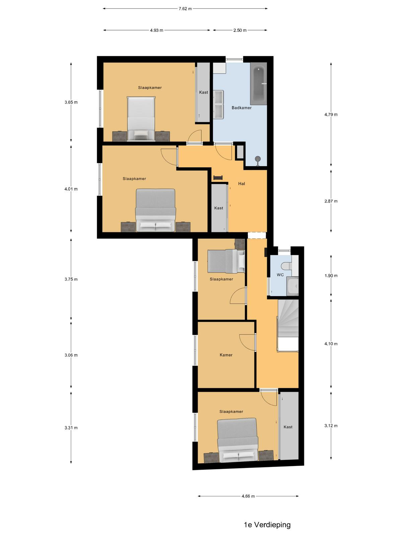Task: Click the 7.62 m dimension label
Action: [x=185, y=9]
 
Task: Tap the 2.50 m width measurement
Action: [x=240, y=30]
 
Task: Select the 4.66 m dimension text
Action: [x=248, y=496]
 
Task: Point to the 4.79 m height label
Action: [x=331, y=115]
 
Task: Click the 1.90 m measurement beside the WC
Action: [x=331, y=276]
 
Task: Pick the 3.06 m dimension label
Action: [x=71, y=355]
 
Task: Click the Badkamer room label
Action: [x=242, y=108]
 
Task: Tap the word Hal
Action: [x=242, y=184]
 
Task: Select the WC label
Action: [x=280, y=275]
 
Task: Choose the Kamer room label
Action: [x=226, y=355]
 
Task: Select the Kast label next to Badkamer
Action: [x=203, y=92]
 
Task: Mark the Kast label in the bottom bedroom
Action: [x=288, y=427]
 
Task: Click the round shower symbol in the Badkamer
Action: [x=258, y=159]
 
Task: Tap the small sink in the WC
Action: [x=293, y=286]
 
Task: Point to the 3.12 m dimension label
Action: [x=331, y=426]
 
